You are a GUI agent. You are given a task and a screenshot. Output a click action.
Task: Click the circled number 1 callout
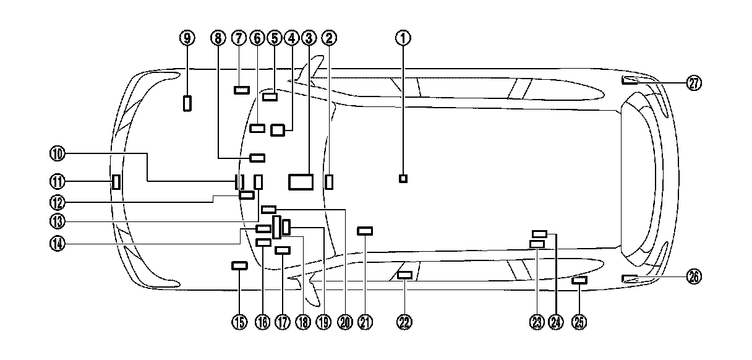click(403, 38)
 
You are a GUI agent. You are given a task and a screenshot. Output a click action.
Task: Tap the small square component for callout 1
click(403, 179)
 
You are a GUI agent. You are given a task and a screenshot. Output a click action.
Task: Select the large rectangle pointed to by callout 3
click(301, 181)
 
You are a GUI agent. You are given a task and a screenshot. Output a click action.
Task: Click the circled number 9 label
click(187, 38)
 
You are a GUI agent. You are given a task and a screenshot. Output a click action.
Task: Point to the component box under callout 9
click(187, 103)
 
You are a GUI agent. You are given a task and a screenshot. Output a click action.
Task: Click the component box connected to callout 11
click(115, 182)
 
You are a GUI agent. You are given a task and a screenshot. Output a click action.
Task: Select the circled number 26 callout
click(694, 278)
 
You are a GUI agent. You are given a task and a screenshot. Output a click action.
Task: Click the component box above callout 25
click(579, 281)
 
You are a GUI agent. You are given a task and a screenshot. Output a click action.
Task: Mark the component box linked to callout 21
click(365, 231)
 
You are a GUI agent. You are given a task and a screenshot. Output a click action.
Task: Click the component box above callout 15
click(239, 265)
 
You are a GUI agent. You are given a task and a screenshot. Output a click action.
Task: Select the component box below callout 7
click(241, 90)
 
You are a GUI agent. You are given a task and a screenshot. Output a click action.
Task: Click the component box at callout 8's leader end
click(257, 157)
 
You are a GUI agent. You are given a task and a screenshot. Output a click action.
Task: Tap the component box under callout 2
click(329, 181)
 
